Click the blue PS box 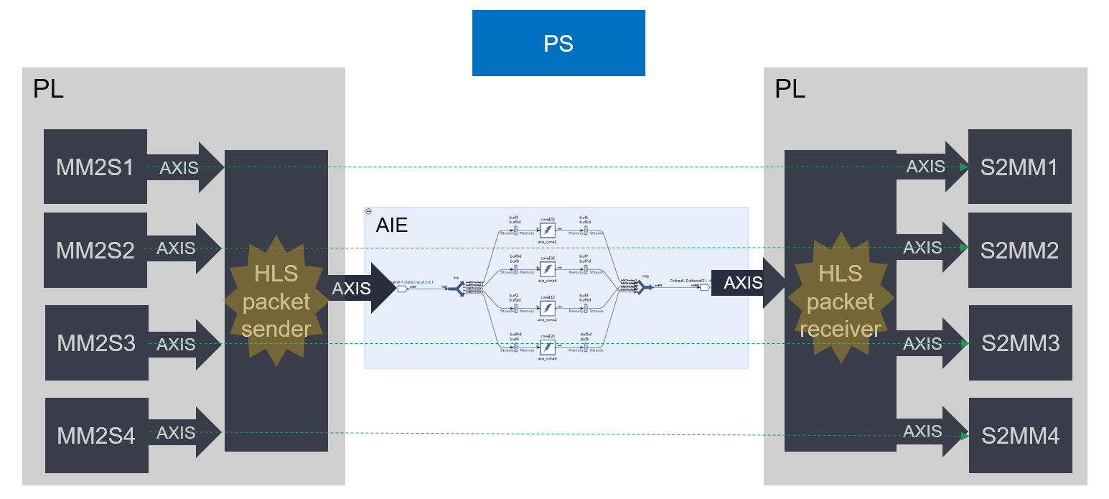[x=558, y=43]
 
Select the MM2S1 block [x=95, y=167]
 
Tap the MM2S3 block [x=96, y=343]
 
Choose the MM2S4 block [x=96, y=434]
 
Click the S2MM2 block [x=1019, y=251]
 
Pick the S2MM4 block [x=1019, y=436]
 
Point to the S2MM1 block [x=1019, y=167]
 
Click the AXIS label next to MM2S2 [x=176, y=248]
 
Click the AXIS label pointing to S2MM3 [x=922, y=343]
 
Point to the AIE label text [x=392, y=225]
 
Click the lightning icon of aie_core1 [x=548, y=230]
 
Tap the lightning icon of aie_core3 [x=548, y=347]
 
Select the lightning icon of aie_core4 [x=548, y=269]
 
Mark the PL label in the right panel [x=790, y=89]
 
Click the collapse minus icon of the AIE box [x=368, y=211]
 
